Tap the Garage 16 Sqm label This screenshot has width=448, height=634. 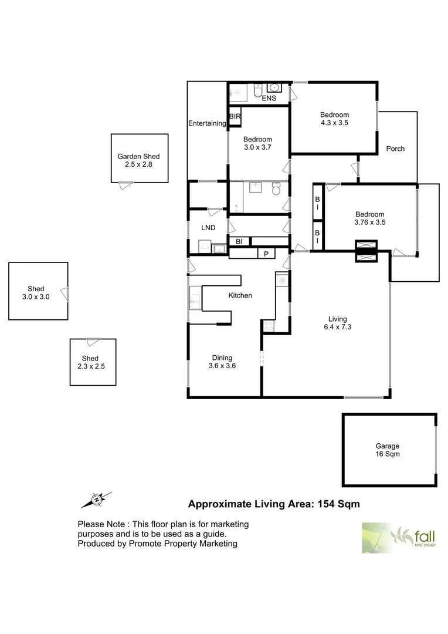(388, 450)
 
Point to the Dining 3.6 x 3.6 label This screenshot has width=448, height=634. (222, 362)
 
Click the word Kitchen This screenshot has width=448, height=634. (240, 295)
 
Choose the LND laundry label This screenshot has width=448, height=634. (208, 228)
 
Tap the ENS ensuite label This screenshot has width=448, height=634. (269, 98)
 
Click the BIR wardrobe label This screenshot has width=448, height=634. (235, 117)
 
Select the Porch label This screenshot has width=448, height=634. (395, 149)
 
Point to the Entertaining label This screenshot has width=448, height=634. (207, 123)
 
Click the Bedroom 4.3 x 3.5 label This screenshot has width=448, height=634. (334, 119)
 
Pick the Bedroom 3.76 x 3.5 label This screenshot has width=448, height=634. (369, 218)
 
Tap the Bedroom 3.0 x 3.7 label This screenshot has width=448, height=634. (259, 144)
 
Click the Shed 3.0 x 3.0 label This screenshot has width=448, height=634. (36, 293)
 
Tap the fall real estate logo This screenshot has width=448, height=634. (399, 538)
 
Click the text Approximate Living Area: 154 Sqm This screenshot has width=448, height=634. (273, 504)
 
